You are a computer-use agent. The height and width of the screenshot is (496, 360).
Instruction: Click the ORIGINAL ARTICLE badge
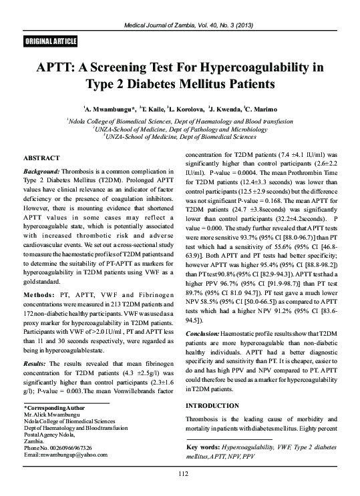[45, 41]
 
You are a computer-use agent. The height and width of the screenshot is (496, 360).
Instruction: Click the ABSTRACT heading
[41, 158]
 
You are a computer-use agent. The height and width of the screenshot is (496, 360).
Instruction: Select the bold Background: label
[45, 172]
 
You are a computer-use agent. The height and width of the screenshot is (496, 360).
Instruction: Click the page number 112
[180, 474]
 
